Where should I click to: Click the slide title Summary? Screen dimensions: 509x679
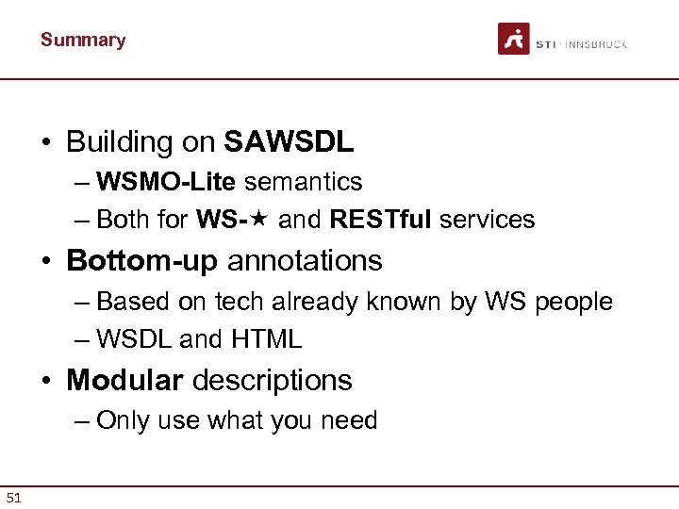coord(83,40)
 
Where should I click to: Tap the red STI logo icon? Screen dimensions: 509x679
coord(514,39)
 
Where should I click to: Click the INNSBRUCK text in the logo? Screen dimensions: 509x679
coord(596,44)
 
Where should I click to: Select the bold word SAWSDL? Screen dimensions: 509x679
coord(289,141)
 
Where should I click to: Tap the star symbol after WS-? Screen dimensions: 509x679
coord(261,220)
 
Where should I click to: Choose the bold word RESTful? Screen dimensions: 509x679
coord(381,221)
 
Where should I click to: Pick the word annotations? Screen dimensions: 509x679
coord(305,260)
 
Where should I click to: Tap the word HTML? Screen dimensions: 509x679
coord(266,339)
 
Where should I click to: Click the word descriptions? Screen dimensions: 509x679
coord(273,380)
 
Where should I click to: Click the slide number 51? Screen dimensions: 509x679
coord(14,497)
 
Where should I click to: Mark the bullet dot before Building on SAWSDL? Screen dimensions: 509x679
coord(45,142)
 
